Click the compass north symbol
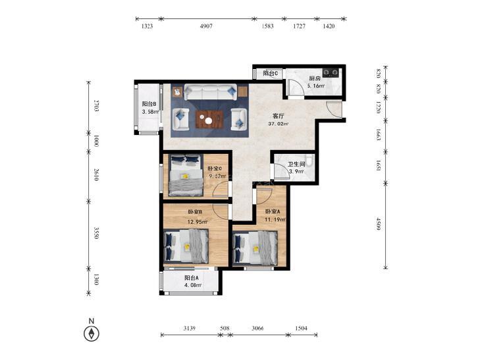pos(92,333)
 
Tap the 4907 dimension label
pos(206,26)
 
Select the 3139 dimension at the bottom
pos(190,328)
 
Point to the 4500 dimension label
pos(379,224)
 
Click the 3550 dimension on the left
pos(96,233)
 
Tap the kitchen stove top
pos(331,72)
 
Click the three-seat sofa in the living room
pos(210,92)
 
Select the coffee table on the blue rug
pos(209,120)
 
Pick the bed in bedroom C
pos(186,175)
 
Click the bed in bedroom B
pos(186,246)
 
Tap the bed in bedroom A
pos(255,247)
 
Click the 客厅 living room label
pos(279,116)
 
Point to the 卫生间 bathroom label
pos(296,165)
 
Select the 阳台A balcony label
pos(192,278)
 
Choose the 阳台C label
pos(271,74)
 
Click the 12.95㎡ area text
pos(198,222)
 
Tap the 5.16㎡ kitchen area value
pos(316,86)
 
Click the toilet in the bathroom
pos(310,160)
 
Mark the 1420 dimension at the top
pos(329,26)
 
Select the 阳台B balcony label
pos(149,104)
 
